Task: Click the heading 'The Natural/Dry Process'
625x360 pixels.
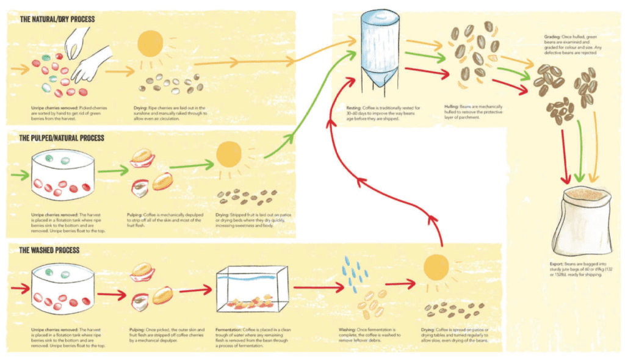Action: click(x=57, y=20)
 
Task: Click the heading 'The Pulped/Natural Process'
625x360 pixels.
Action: click(x=62, y=139)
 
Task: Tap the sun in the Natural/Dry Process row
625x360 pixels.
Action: click(x=150, y=44)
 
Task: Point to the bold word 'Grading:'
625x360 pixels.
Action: click(x=552, y=37)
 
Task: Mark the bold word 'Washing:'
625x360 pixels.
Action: click(x=349, y=329)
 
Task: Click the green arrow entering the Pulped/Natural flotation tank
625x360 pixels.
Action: click(x=21, y=175)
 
